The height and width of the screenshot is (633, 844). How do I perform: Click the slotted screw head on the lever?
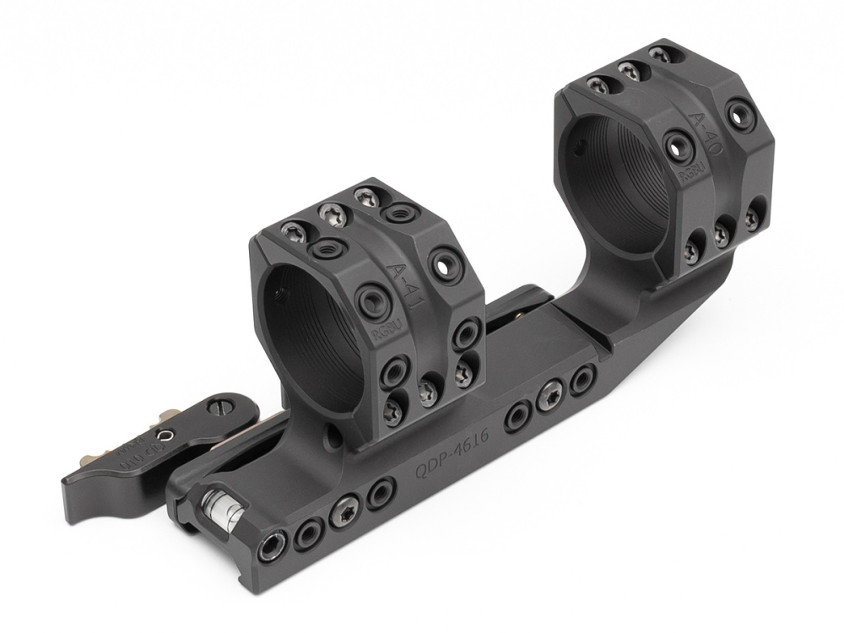(x=222, y=407)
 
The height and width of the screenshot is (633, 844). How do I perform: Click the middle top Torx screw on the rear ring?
(x=627, y=71)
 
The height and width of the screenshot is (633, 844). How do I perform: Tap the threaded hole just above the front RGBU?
(x=371, y=300)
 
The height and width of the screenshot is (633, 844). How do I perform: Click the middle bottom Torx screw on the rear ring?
(x=722, y=233)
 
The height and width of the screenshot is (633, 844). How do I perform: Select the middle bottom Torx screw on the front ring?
(x=428, y=390)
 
